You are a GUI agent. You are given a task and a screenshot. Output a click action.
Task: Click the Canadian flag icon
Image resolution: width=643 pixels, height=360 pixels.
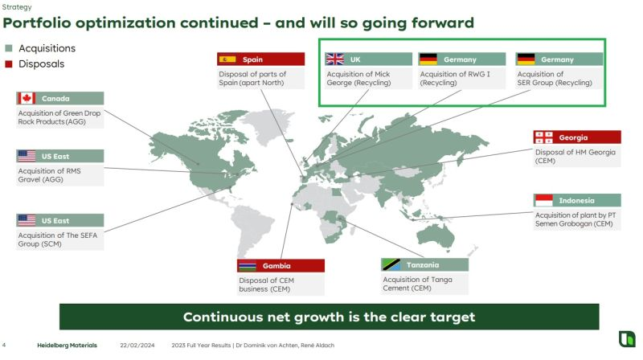[x=27, y=98]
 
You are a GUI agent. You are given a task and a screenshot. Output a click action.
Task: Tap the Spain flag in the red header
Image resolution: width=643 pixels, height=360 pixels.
[x=227, y=59]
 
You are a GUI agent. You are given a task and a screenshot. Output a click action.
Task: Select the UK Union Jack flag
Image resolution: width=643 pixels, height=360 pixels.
[x=335, y=59]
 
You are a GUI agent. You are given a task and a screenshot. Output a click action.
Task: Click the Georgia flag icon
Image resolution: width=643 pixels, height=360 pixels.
[x=544, y=137]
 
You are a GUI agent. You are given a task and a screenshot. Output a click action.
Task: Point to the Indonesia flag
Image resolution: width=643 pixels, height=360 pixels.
[x=544, y=201]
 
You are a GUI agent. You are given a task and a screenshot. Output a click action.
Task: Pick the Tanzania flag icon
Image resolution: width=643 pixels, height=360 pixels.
[x=391, y=265]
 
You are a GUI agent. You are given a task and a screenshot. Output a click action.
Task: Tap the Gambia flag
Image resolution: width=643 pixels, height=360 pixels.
[x=248, y=266]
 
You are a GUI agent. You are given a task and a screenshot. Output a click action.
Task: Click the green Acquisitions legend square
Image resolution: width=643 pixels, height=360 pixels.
[x=9, y=48]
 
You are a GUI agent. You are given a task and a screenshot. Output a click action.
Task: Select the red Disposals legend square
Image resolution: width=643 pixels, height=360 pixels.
[x=9, y=64]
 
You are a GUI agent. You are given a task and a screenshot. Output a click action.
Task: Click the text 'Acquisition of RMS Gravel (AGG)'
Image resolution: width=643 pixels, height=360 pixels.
[x=49, y=175]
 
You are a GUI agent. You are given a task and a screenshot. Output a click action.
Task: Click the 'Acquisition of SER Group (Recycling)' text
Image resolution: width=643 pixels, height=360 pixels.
[x=555, y=78]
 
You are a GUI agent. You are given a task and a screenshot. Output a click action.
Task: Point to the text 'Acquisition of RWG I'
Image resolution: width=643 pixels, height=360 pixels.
[x=455, y=74]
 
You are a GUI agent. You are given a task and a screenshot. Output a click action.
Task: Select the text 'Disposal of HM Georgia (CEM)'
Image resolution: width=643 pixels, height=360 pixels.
[x=575, y=156]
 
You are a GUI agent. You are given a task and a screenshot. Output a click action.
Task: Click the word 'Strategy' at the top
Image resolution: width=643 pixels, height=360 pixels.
[x=17, y=7]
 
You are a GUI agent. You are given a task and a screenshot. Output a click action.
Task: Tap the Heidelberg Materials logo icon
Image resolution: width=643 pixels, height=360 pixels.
[x=627, y=339]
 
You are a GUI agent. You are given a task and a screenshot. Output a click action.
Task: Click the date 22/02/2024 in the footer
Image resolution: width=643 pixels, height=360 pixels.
[x=137, y=346]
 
